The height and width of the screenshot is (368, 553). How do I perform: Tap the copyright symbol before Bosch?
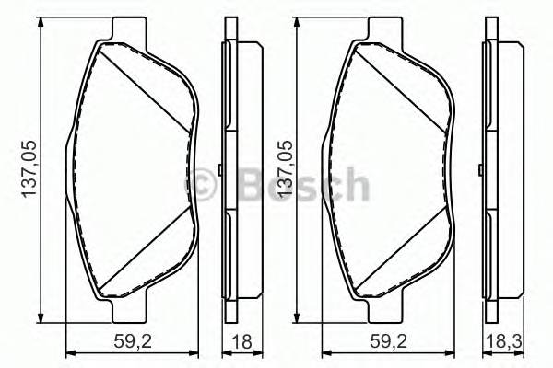click(202, 187)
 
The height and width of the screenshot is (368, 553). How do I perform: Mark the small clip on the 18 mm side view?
click(221, 169)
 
